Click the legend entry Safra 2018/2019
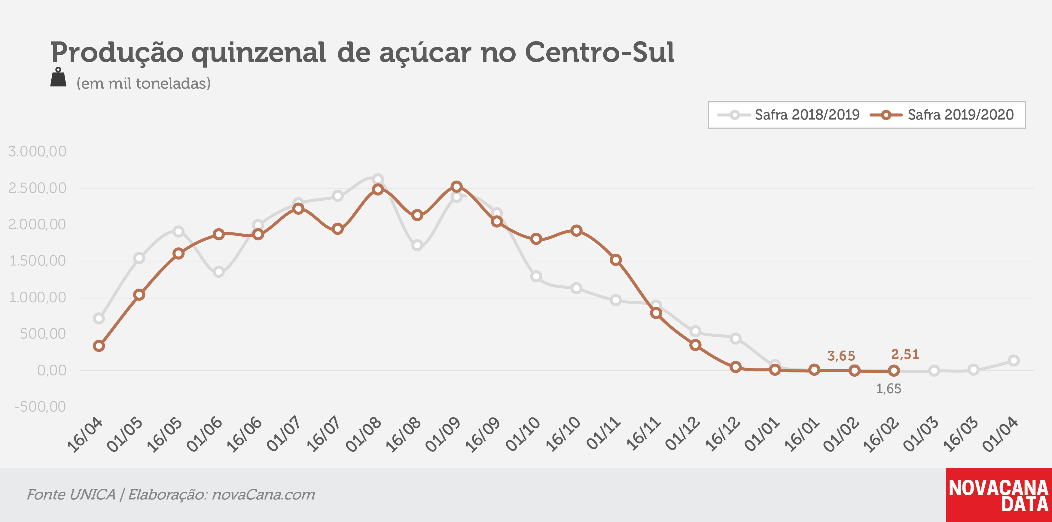tap(788, 115)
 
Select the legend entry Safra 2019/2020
tap(942, 115)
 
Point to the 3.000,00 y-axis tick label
tap(37, 151)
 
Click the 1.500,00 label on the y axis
tap(38, 261)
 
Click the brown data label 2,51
tap(905, 354)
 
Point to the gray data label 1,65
tap(889, 389)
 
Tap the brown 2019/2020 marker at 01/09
tap(456, 187)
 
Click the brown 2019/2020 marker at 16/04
tap(99, 346)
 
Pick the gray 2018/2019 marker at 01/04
tap(1014, 360)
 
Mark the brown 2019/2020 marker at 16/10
tap(576, 231)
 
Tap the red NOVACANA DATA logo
tap(999, 495)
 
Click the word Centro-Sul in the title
tap(599, 52)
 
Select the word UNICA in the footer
tap(93, 495)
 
